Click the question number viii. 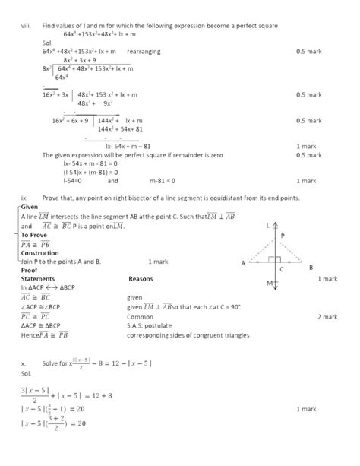pyautogui.click(x=24, y=26)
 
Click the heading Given pyautogui.click(x=30, y=207)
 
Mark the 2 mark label pyautogui.click(x=327, y=315)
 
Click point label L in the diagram pyautogui.click(x=268, y=226)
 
